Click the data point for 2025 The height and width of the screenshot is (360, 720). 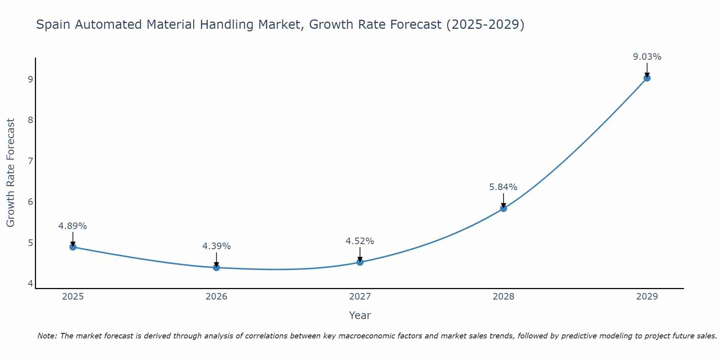coord(73,247)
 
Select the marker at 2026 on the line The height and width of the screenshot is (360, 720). coord(216,267)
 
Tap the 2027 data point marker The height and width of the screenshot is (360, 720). coord(360,262)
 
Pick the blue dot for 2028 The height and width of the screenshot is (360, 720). coord(503,208)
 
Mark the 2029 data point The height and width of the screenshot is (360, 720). coord(647,78)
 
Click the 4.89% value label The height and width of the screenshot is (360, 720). coord(73,226)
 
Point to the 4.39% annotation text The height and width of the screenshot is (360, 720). coord(216,246)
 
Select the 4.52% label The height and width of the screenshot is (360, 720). coord(360,241)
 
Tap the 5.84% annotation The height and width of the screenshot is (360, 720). coord(503,187)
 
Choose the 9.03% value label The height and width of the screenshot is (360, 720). coord(647,57)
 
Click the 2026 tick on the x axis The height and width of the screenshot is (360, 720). coord(216,297)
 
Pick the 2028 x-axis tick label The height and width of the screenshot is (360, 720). coord(503,297)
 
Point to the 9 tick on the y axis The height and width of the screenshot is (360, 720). coord(31,79)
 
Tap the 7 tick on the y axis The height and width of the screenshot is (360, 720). coord(31,161)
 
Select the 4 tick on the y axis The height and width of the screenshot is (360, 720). coord(31,284)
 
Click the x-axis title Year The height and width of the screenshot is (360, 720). coord(360,315)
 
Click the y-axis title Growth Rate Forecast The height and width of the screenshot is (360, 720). coord(11,173)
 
